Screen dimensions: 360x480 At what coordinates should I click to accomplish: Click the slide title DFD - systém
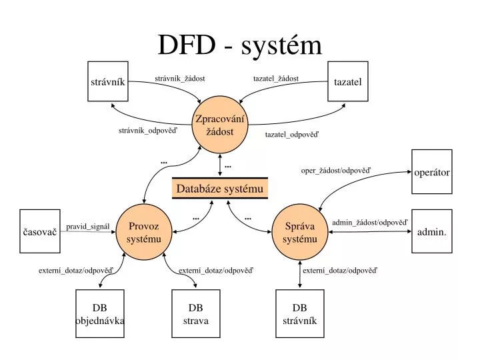click(239, 45)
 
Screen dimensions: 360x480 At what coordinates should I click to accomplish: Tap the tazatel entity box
click(347, 82)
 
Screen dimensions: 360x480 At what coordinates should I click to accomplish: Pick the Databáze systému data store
click(220, 189)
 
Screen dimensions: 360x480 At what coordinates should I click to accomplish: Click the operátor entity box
click(432, 172)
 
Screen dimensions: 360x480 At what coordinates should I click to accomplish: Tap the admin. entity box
click(432, 232)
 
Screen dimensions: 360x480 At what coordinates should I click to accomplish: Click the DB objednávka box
click(100, 314)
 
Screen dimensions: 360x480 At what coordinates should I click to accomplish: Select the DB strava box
click(196, 314)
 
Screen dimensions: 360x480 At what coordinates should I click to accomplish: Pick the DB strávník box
click(299, 314)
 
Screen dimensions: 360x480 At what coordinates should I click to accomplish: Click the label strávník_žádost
click(179, 79)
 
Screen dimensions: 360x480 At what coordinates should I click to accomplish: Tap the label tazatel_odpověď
click(292, 134)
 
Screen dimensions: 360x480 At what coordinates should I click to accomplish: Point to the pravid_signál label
click(87, 227)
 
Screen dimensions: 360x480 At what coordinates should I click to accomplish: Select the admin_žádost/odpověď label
click(369, 222)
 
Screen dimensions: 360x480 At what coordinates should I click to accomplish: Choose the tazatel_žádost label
click(276, 79)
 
